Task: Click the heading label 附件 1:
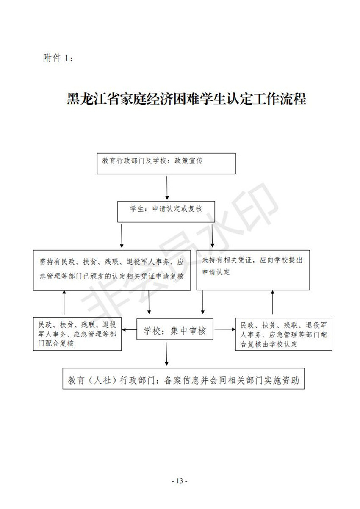[58, 58]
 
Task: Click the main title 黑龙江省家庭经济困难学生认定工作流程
[186, 99]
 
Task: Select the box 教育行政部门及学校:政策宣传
[166, 163]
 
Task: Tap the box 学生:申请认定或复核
[166, 212]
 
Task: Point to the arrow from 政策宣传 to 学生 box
[167, 188]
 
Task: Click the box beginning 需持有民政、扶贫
[112, 271]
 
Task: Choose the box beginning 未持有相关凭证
[253, 270]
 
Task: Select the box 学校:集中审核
[175, 329]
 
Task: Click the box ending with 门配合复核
[77, 334]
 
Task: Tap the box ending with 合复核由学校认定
[284, 334]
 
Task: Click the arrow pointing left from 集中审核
[129, 330]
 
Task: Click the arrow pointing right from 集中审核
[225, 329]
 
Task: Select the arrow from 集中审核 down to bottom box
[166, 354]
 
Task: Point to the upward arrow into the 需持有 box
[64, 302]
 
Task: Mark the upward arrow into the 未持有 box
[273, 302]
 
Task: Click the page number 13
[180, 481]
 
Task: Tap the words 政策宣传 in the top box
[188, 161]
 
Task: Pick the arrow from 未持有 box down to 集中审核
[203, 302]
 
